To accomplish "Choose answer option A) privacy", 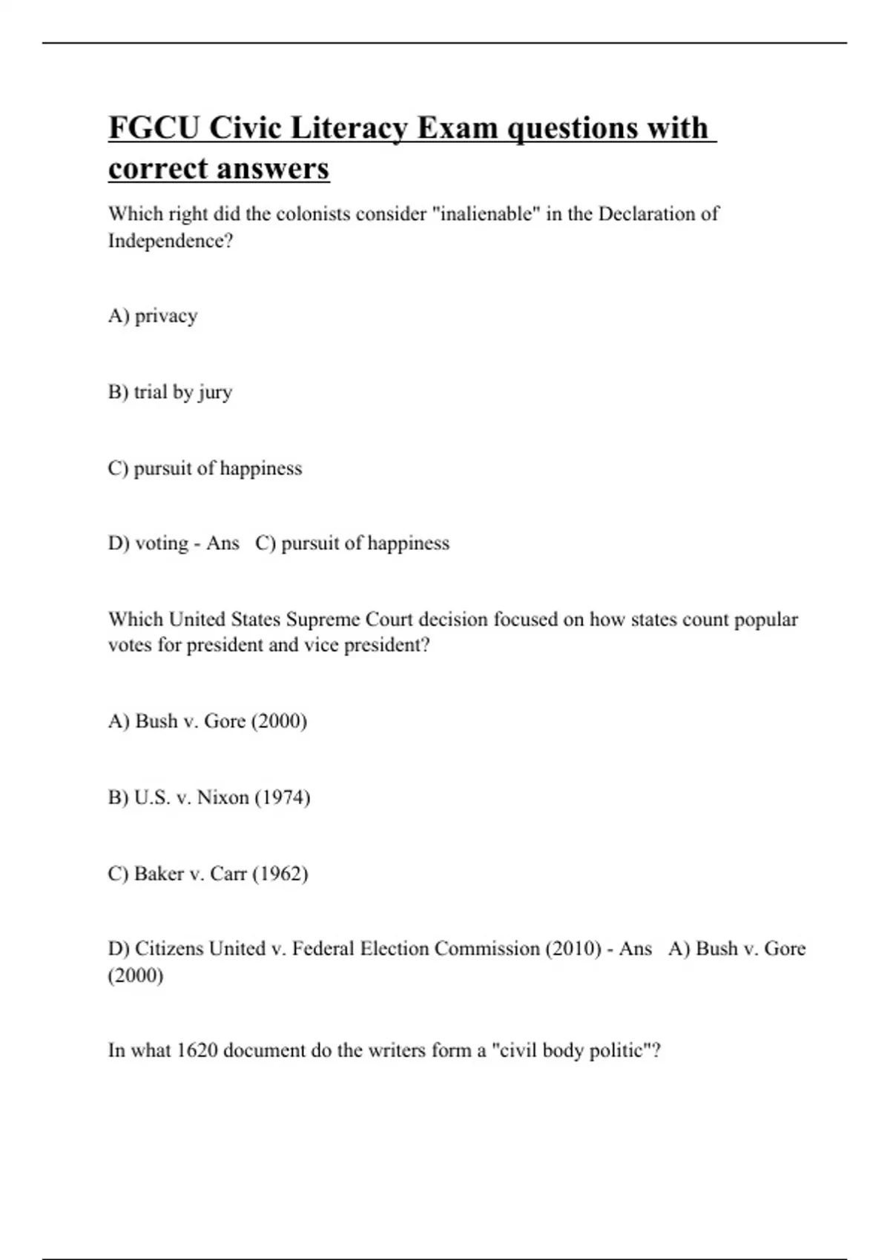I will (x=153, y=316).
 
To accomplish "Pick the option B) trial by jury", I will (x=170, y=392).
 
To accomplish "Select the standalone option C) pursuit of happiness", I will (x=205, y=468).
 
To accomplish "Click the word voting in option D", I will (x=161, y=543).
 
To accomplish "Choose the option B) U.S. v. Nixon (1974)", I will (x=208, y=798).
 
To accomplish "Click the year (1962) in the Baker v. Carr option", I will (x=280, y=874).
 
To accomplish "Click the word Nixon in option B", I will (x=222, y=798).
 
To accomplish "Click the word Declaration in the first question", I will (x=647, y=214).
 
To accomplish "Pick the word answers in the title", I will (x=279, y=169).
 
